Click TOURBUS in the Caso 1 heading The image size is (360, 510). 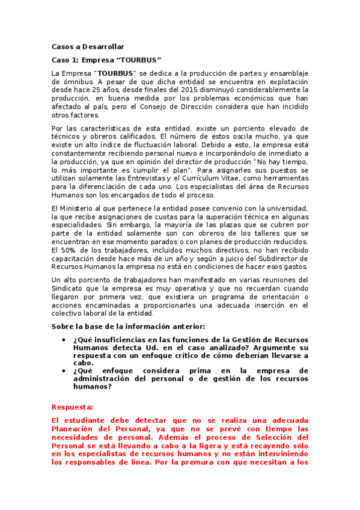click(139, 60)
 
